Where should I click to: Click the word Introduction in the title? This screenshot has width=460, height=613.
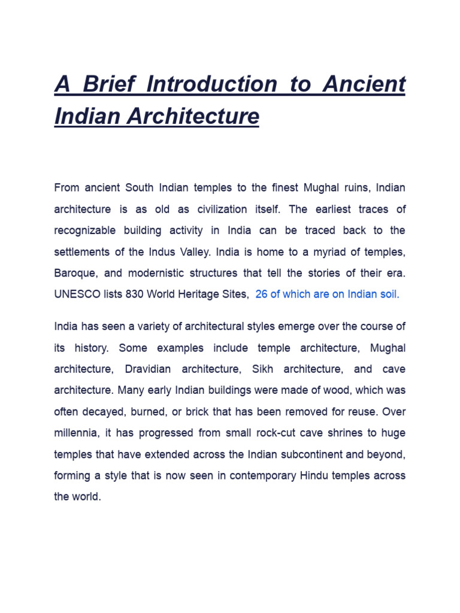(x=212, y=84)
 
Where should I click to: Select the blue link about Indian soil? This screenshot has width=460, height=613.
(x=327, y=294)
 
